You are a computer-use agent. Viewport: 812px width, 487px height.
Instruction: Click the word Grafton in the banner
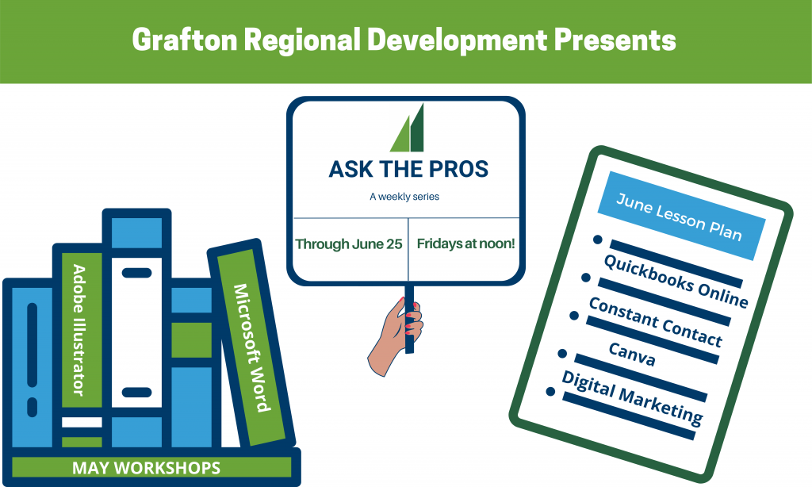[x=185, y=40]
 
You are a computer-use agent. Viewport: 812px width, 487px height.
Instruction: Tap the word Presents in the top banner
[x=615, y=40]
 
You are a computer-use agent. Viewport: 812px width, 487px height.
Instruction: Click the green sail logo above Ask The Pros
[x=408, y=128]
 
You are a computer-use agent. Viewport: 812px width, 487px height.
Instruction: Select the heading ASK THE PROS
[x=408, y=170]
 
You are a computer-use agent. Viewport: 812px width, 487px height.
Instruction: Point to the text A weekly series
[x=404, y=197]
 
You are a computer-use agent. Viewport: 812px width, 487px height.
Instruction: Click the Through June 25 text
[x=349, y=244]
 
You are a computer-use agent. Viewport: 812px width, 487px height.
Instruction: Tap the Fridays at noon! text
[x=465, y=243]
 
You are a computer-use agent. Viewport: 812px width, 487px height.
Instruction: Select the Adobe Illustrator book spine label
[x=79, y=330]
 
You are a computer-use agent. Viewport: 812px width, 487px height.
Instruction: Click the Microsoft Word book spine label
[x=252, y=347]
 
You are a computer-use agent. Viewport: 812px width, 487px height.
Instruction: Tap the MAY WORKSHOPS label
[x=146, y=468]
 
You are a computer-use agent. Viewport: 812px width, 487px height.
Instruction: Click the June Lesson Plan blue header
[x=681, y=216]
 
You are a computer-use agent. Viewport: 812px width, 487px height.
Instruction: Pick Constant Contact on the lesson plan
[x=655, y=322]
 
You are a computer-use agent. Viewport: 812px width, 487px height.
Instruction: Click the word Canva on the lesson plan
[x=632, y=355]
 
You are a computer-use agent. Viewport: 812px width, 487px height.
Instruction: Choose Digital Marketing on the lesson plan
[x=632, y=398]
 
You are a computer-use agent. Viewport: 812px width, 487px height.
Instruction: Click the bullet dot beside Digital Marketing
[x=550, y=392]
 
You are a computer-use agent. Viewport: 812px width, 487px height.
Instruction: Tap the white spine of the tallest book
[x=136, y=332]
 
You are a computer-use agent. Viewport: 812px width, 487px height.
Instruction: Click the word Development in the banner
[x=458, y=40]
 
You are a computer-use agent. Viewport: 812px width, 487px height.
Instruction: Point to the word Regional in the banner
[x=302, y=40]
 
